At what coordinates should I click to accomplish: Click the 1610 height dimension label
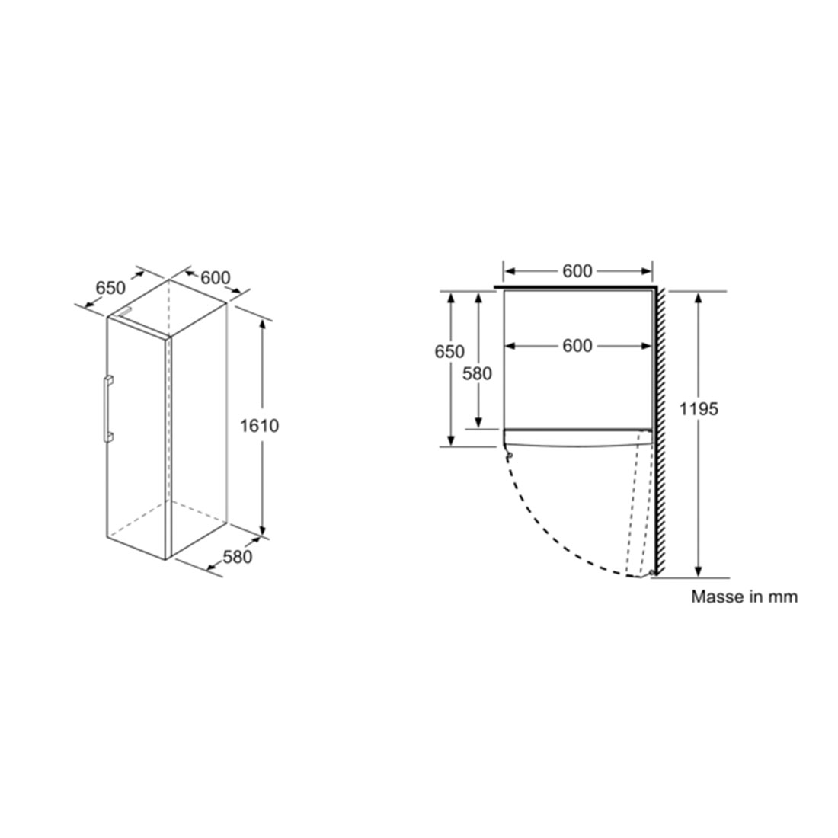259,426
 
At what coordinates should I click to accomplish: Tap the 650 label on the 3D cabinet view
110,288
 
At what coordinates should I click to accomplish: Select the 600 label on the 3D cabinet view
216,278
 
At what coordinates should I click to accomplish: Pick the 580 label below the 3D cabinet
237,558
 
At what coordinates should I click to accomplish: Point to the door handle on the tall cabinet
108,409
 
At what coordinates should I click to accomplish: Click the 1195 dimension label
699,409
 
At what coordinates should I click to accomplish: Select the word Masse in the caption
715,597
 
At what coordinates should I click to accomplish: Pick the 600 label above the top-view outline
577,271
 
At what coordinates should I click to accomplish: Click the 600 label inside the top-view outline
577,347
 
